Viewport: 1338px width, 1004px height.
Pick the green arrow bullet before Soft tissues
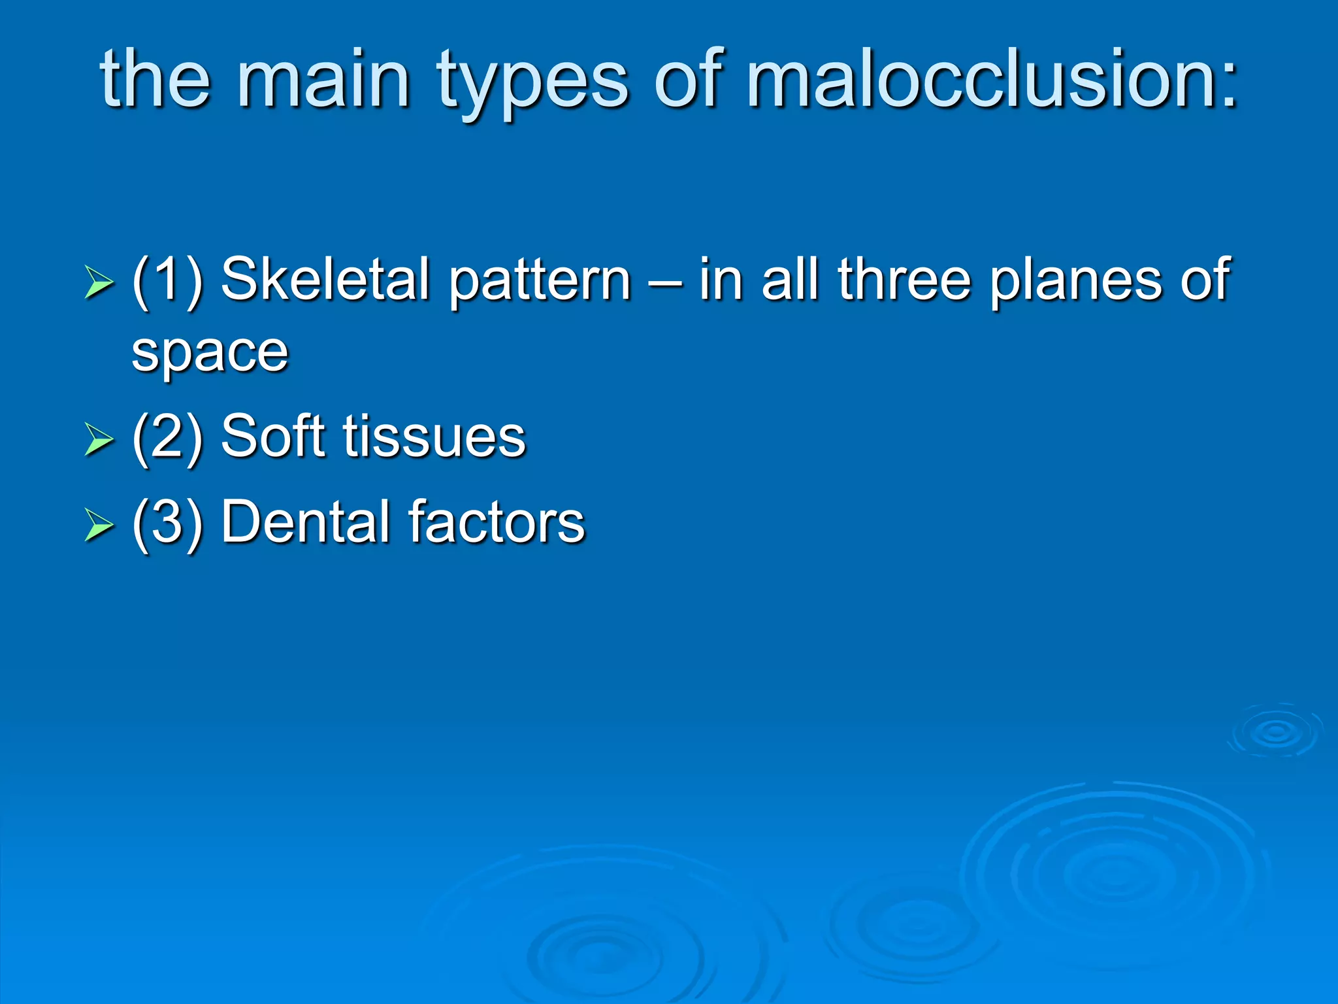[99, 439]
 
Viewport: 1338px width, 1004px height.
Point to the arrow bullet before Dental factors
[99, 524]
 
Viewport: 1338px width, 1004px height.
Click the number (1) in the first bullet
[167, 281]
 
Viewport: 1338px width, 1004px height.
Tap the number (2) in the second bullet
[167, 437]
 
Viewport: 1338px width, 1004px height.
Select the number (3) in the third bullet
[167, 522]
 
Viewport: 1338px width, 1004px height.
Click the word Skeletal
[325, 279]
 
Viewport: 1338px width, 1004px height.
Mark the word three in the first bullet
[905, 279]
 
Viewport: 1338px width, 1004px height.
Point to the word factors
[497, 521]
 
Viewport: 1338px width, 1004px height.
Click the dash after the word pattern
[665, 282]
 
